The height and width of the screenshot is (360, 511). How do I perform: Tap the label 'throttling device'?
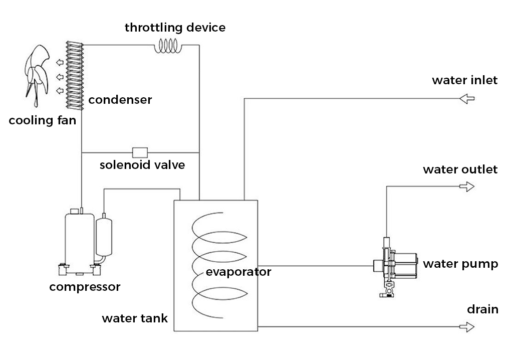point(175,27)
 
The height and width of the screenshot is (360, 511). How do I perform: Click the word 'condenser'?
point(120,100)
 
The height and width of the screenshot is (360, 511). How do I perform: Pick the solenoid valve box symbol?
point(139,151)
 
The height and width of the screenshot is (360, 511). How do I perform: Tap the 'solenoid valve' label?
point(142,165)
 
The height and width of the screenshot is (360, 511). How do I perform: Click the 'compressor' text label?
point(85,287)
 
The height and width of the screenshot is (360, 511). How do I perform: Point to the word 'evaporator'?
point(238,272)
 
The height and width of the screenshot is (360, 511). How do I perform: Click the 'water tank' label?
point(135,318)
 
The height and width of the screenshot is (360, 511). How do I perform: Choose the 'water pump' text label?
point(460,264)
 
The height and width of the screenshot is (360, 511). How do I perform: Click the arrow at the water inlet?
point(466,99)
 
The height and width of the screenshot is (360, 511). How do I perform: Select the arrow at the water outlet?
point(466,187)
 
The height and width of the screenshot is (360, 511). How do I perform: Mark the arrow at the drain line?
point(466,327)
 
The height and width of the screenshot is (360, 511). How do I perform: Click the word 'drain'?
point(482,309)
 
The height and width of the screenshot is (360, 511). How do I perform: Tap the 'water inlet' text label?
point(464,80)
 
